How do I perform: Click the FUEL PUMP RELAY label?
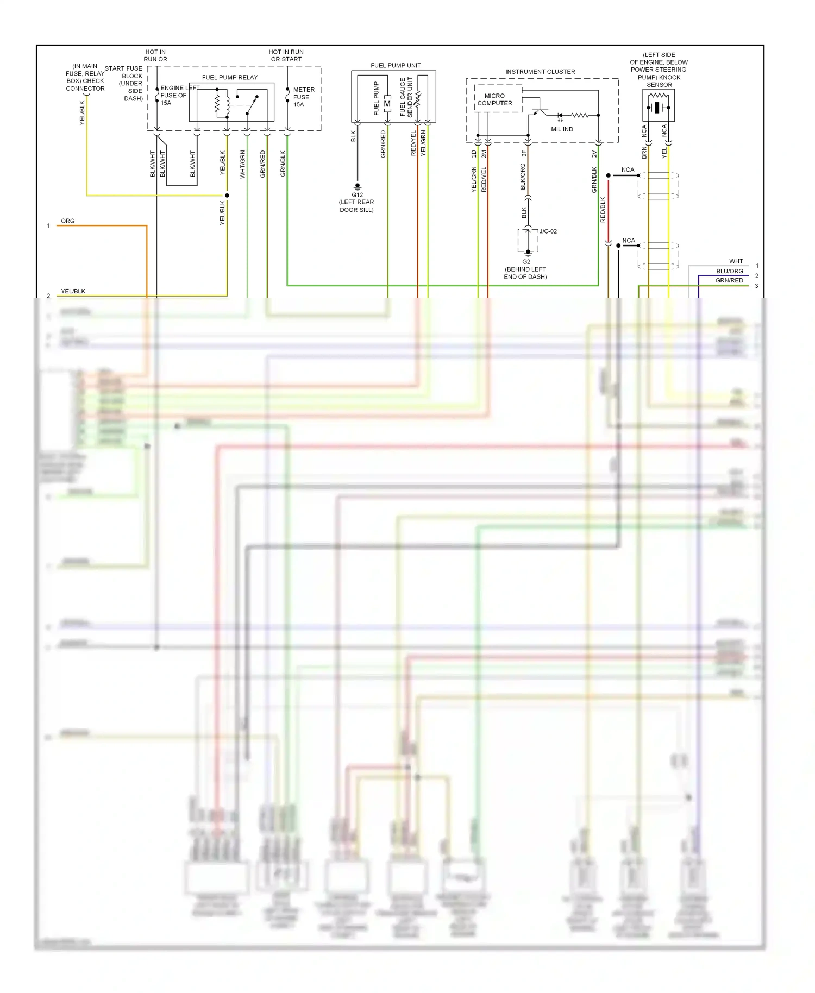click(230, 77)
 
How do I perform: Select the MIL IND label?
click(562, 129)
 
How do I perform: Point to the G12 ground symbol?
click(358, 187)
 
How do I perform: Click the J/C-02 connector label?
click(548, 231)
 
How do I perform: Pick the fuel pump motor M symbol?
click(387, 104)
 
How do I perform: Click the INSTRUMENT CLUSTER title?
click(540, 72)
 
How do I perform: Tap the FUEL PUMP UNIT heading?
click(396, 65)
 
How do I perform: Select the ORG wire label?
click(68, 221)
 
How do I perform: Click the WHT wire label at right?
click(736, 261)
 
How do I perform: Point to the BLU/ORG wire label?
click(729, 271)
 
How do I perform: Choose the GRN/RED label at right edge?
click(729, 281)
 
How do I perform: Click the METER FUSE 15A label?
click(303, 97)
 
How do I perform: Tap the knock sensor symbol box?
click(659, 105)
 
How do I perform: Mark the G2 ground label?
click(526, 262)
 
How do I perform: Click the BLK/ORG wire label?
click(523, 177)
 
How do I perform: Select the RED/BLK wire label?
click(603, 210)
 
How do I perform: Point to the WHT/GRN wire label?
click(243, 164)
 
